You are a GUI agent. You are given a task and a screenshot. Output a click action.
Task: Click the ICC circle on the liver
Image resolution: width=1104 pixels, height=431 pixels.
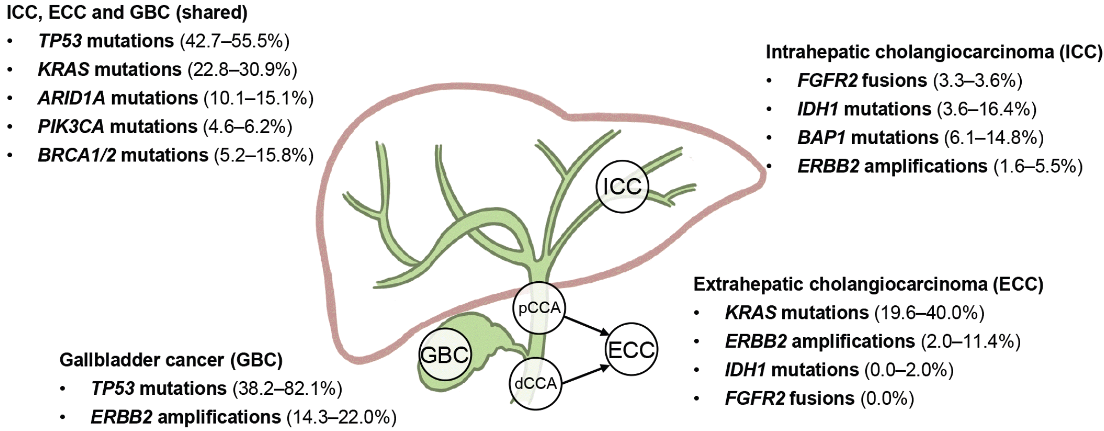click(622, 186)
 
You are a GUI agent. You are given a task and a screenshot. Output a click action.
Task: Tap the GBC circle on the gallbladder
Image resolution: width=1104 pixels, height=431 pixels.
click(445, 355)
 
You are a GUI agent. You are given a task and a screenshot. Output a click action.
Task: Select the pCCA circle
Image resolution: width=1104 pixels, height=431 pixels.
click(539, 308)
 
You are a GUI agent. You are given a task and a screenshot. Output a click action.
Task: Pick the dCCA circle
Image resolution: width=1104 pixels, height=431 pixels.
click(535, 383)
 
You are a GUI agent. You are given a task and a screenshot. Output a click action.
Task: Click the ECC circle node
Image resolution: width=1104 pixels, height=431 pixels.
click(631, 350)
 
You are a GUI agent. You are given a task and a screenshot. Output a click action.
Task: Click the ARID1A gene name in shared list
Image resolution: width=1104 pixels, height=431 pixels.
click(71, 98)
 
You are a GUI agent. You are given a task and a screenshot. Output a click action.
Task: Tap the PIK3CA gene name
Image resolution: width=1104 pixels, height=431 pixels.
click(71, 126)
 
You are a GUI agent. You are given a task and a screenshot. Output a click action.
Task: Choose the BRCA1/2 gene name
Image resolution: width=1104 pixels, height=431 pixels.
click(76, 155)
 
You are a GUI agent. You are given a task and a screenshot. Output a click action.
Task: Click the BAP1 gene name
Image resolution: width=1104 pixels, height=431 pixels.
click(822, 137)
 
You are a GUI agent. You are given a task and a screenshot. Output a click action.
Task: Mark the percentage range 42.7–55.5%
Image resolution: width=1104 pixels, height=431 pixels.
click(234, 41)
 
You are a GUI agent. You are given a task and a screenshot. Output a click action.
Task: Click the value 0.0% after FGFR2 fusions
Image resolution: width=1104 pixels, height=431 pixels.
click(887, 398)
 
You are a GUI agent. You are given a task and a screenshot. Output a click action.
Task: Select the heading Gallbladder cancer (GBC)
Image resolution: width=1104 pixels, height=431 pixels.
click(171, 360)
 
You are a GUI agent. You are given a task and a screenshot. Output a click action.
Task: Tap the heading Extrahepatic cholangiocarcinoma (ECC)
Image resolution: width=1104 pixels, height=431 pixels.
click(868, 284)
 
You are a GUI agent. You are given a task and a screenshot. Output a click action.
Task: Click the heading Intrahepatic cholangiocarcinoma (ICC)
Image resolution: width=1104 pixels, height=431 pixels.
click(934, 52)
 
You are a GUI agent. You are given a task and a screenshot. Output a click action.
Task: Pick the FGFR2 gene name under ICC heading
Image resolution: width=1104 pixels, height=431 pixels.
click(827, 80)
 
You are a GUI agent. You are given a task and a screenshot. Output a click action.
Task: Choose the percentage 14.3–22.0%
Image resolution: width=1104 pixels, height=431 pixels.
click(342, 417)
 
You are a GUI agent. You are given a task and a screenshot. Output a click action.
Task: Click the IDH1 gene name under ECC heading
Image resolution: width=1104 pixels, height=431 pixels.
click(746, 370)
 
